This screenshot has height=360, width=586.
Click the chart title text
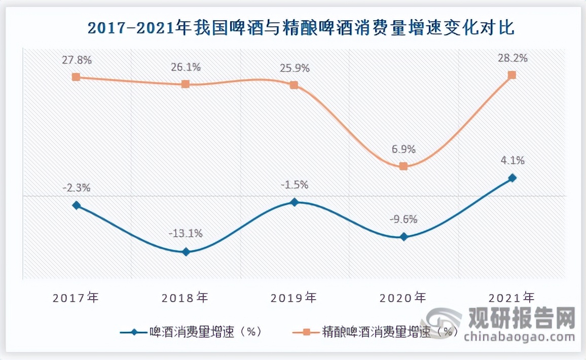(301, 27)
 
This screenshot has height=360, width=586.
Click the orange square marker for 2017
(76, 77)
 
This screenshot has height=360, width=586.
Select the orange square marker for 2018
(186, 84)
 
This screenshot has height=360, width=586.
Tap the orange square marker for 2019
(294, 85)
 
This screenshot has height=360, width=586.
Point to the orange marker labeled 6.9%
(404, 166)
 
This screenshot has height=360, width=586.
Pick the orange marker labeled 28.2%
(512, 75)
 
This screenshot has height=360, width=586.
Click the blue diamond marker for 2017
(76, 205)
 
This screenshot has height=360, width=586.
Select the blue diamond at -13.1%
(186, 251)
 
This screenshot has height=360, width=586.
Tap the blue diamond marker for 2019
(294, 202)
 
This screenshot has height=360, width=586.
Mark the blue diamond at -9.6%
(404, 237)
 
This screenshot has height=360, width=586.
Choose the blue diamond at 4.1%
(512, 178)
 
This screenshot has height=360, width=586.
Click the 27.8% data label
(77, 60)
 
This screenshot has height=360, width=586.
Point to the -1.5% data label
(295, 185)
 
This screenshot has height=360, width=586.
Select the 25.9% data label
(294, 67)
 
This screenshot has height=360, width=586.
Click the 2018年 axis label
(185, 297)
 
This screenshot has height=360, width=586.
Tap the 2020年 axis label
(404, 297)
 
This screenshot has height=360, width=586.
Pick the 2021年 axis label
(512, 297)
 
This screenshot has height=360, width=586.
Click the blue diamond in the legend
(134, 333)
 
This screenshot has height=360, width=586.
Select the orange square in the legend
(306, 333)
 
